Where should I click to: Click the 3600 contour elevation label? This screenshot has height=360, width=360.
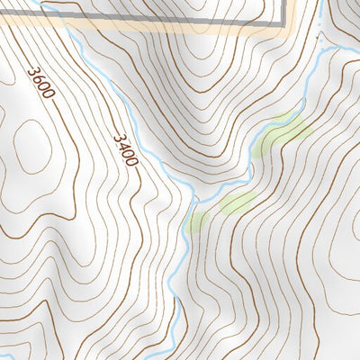coord(41,82)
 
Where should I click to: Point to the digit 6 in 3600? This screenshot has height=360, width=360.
coord(39,78)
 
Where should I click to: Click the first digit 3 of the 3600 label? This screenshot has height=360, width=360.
coord(33,69)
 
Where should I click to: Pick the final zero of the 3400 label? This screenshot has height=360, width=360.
coord(131,160)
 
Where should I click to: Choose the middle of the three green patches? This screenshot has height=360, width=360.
coord(236,202)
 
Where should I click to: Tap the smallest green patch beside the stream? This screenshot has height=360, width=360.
coord(198,220)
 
